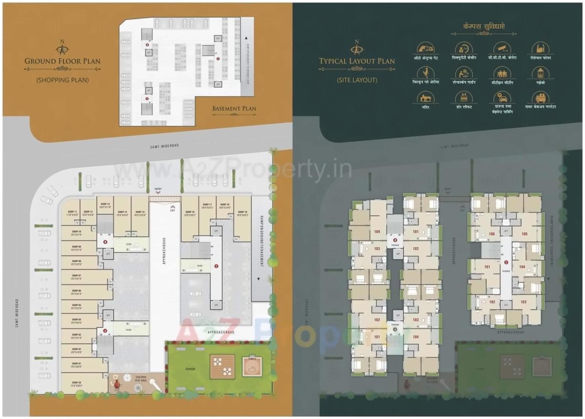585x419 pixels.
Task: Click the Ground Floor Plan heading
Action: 63,61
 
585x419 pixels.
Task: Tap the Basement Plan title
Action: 234,109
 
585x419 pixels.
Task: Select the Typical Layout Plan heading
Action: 357,61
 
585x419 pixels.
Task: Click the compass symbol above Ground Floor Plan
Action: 62,47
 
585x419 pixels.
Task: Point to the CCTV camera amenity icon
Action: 501,48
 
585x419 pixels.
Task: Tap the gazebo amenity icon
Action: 540,73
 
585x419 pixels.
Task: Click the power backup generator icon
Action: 540,98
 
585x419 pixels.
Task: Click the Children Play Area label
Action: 141,379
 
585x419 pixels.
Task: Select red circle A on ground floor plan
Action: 104,330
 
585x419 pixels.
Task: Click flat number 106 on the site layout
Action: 491,234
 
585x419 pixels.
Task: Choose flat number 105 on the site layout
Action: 524,234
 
